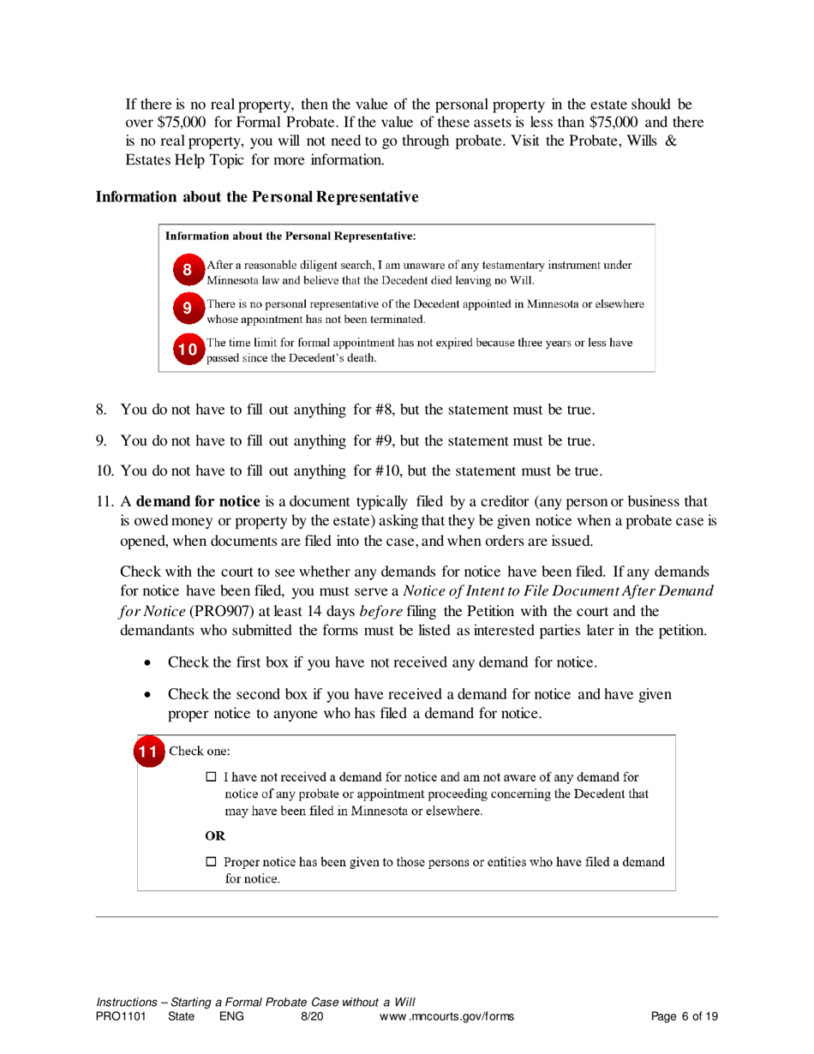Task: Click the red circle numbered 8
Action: (188, 272)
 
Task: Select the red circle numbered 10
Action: (188, 349)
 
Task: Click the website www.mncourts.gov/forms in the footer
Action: (446, 1017)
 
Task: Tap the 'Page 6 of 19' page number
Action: (684, 1017)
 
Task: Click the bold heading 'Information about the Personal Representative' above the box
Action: (257, 197)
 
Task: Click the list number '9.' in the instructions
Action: (101, 441)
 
